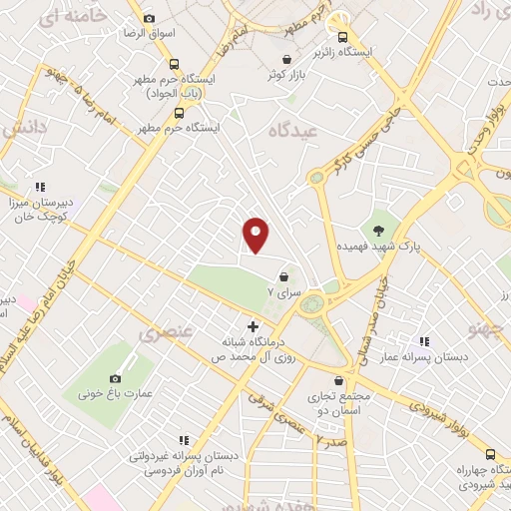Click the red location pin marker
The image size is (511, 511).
(256, 235)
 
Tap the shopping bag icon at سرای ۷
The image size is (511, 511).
(285, 276)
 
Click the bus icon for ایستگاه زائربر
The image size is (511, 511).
(343, 37)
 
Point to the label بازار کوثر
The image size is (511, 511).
(284, 75)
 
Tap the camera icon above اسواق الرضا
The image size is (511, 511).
(150, 18)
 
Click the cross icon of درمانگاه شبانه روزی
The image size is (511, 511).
(253, 326)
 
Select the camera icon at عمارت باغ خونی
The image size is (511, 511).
(116, 378)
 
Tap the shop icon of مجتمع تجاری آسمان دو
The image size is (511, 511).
(340, 380)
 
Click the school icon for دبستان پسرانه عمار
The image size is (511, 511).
(424, 342)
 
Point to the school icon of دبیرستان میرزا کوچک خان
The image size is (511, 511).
(40, 186)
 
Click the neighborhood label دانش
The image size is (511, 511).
(25, 131)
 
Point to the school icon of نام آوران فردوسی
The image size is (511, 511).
(183, 439)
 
